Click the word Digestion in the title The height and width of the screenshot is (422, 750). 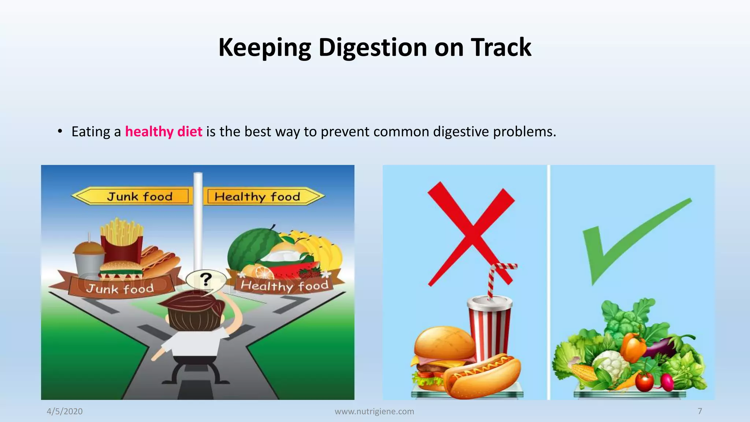tap(373, 48)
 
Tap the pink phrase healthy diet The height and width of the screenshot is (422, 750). tap(164, 132)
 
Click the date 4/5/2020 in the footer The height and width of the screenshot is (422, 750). tap(64, 411)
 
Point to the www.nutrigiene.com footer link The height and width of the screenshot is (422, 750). tap(374, 411)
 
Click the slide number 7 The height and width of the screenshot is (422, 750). tap(699, 411)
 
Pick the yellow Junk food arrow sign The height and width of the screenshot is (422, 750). tap(134, 196)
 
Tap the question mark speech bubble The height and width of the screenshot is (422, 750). tap(206, 280)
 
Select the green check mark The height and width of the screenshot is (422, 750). tap(630, 238)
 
